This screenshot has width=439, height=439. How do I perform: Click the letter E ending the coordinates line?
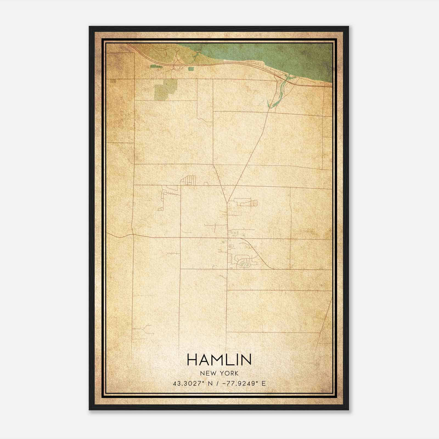point(264,384)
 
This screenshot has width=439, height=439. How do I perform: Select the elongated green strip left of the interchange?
point(156,66)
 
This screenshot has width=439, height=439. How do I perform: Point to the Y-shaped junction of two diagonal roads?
point(227,202)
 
